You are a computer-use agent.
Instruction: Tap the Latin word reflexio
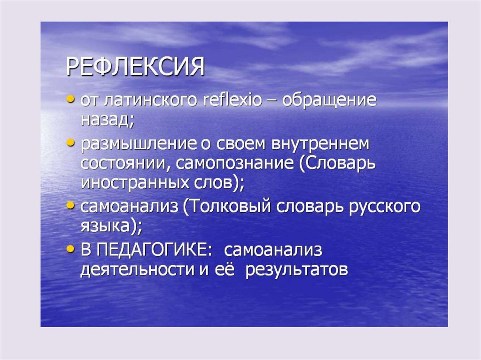(x=232, y=100)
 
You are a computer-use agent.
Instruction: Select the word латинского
(x=150, y=100)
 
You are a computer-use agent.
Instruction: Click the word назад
(x=107, y=120)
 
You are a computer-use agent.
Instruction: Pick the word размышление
(x=139, y=145)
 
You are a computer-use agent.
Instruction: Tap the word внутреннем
(x=320, y=145)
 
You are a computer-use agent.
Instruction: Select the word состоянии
(x=124, y=163)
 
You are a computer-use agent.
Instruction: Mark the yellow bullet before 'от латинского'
(x=70, y=100)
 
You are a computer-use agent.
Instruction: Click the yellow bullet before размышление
(x=70, y=143)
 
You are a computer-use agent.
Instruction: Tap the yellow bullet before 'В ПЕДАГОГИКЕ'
(x=70, y=248)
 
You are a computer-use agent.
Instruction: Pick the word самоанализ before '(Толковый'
(x=129, y=207)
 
